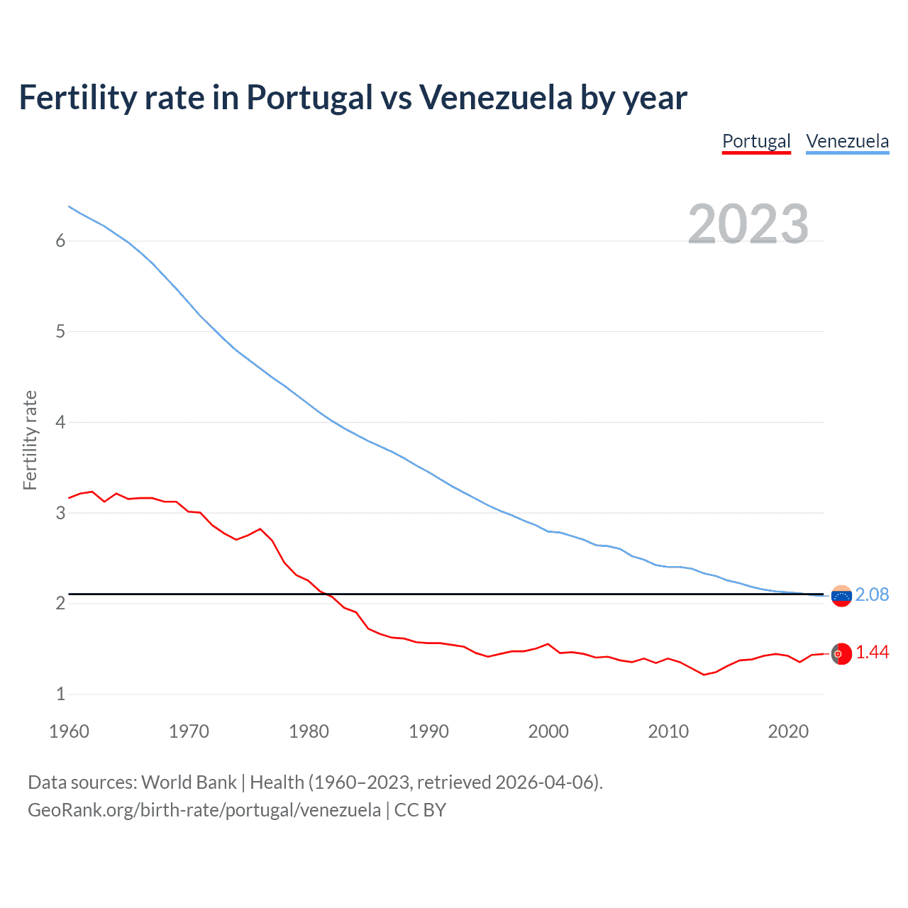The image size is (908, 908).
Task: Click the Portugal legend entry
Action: coord(756,141)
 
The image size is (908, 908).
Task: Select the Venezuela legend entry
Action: coord(847,141)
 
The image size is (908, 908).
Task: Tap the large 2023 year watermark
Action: coord(748,224)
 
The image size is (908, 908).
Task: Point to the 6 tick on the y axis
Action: coord(60,241)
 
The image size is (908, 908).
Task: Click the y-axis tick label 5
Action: coord(60,331)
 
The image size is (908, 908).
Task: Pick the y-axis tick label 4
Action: coord(60,422)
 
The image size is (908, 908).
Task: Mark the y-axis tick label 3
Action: coord(60,513)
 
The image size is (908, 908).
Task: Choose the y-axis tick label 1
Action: coord(60,694)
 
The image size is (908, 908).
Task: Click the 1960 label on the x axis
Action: coord(69,731)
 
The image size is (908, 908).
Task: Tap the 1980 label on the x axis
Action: coord(309,731)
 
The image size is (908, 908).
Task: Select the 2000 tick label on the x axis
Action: coord(548,731)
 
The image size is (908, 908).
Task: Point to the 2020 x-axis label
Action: coord(788,731)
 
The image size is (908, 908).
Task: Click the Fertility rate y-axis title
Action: coord(30,440)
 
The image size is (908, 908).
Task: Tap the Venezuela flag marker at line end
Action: coord(841,596)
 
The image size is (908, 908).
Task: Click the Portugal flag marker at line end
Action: coord(841,653)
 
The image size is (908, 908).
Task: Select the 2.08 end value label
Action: coord(872,595)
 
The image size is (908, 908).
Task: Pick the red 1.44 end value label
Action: coord(872,653)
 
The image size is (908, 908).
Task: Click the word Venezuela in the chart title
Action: coord(496,98)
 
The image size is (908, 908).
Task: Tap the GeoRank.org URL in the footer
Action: coord(204,810)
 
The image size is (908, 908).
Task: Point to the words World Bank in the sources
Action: coord(189,782)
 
